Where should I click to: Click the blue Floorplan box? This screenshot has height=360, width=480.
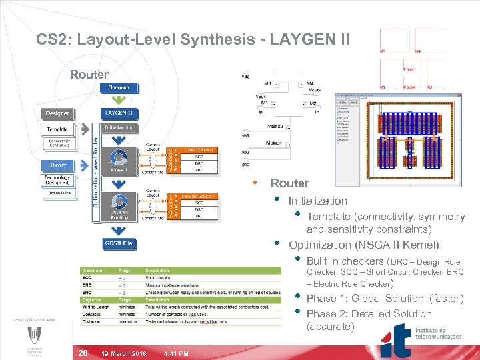[119, 88]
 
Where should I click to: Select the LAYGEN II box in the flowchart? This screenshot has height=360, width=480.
[119, 113]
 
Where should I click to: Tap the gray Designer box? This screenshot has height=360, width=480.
[57, 113]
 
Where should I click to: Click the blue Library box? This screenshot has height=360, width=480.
[57, 165]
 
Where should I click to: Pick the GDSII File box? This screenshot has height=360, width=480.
[119, 243]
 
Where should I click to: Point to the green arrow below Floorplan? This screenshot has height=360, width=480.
[119, 99]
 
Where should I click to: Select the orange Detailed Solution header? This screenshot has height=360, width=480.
[199, 195]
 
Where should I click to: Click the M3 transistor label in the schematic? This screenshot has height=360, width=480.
[267, 84]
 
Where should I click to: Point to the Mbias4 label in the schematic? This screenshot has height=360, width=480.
[274, 143]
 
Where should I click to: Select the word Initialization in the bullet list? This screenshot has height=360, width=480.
[317, 201]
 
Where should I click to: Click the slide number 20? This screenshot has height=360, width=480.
[83, 353]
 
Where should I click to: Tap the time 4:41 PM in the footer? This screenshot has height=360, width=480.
[175, 353]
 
